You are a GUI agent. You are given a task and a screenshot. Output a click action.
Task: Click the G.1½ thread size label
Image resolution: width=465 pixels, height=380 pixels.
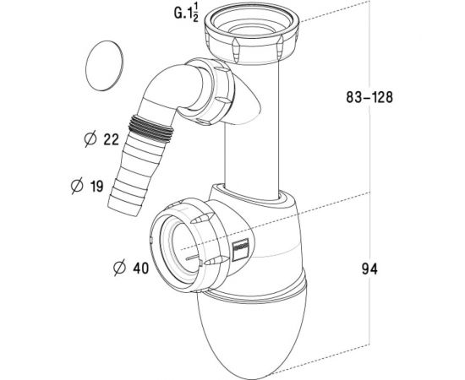(186, 14)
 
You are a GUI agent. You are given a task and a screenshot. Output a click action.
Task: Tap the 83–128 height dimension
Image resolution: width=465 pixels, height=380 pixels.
(369, 97)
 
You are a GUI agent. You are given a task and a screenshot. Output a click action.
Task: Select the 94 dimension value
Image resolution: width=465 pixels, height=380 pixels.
(369, 269)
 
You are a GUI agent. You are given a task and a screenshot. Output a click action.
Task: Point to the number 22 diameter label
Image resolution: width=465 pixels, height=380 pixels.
(112, 139)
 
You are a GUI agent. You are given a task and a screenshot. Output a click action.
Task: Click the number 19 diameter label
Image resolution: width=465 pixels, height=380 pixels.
(97, 187)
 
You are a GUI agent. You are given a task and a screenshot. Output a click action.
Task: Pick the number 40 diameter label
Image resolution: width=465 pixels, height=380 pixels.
(141, 269)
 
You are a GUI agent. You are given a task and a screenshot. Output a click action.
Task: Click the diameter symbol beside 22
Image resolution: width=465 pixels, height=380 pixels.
(90, 138)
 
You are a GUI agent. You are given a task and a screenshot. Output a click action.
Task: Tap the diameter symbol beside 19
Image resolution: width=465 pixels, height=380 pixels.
(77, 186)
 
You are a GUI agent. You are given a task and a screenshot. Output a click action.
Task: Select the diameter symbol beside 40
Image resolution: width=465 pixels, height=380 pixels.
(119, 268)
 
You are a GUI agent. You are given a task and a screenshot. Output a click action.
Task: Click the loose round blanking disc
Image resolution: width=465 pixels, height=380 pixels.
(104, 66)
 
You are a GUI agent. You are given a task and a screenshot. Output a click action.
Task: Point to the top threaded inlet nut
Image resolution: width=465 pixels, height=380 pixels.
(251, 34)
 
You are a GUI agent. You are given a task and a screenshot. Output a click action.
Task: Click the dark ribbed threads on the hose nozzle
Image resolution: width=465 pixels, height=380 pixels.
(150, 129)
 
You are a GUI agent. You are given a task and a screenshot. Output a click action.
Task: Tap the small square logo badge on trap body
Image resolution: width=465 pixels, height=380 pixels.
(240, 249)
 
